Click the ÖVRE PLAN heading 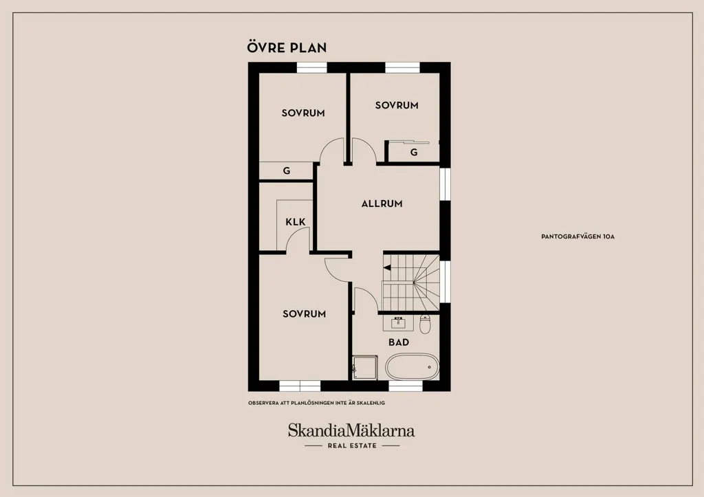(287, 47)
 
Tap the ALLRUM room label (382, 204)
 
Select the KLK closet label (296, 222)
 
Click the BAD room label (399, 342)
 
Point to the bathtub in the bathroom (412, 367)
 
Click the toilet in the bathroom (425, 324)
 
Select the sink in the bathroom (398, 323)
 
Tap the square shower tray (364, 368)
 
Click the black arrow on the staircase (387, 268)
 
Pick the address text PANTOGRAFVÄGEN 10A (577, 236)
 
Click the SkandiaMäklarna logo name (351, 430)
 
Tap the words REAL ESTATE (352, 446)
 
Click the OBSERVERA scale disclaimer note (316, 403)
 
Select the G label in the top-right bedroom (414, 153)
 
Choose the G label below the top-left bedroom (287, 170)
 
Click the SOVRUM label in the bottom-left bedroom (305, 314)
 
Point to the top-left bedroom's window (312, 67)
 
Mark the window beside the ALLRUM (445, 184)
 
